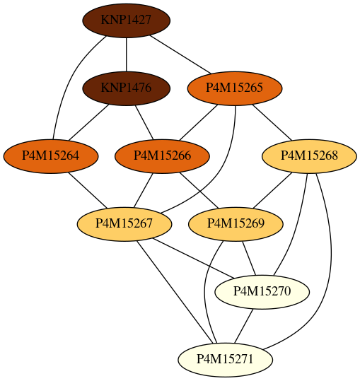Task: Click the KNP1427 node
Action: click(x=126, y=20)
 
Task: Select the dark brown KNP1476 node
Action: click(x=126, y=88)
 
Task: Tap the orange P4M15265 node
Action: click(x=235, y=88)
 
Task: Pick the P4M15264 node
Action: click(x=51, y=156)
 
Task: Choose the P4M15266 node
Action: click(x=162, y=156)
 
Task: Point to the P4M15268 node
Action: click(x=309, y=156)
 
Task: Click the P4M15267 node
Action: click(x=124, y=224)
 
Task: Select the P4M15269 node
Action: click(x=236, y=224)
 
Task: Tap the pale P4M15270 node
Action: click(x=262, y=291)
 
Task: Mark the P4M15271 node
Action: click(x=226, y=360)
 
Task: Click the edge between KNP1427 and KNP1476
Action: click(x=126, y=54)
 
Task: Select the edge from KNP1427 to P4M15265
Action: click(x=180, y=54)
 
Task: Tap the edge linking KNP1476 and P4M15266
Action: click(x=144, y=122)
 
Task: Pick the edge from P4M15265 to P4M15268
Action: click(x=272, y=122)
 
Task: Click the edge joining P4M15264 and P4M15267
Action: click(x=88, y=190)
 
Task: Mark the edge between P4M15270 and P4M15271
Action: click(x=243, y=326)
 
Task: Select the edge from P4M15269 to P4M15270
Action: click(x=249, y=258)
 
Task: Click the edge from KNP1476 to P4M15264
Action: click(x=88, y=122)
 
